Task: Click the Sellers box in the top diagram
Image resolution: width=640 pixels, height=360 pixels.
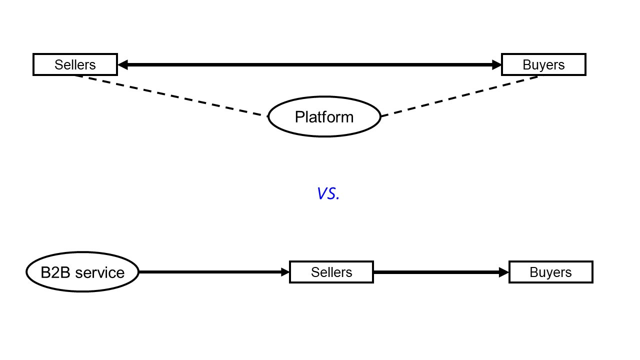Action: tap(75, 64)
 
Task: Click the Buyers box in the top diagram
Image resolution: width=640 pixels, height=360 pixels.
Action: tap(543, 64)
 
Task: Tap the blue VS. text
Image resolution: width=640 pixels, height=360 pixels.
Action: tap(328, 193)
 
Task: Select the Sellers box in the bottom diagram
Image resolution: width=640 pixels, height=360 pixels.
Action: tap(331, 272)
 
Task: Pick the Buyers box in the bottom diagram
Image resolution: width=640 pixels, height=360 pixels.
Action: tap(550, 272)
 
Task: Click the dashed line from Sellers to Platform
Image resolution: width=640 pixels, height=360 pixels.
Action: tap(170, 95)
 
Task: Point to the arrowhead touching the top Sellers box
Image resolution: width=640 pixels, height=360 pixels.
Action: tap(122, 64)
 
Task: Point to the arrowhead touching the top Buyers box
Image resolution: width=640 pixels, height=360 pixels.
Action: tap(496, 64)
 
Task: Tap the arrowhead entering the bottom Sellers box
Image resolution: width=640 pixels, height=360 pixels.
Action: tap(285, 272)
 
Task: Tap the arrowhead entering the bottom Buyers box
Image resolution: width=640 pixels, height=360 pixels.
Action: tap(504, 272)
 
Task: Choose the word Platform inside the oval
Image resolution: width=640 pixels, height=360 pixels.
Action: tap(324, 117)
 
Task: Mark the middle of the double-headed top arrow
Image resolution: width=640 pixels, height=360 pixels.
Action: tap(309, 64)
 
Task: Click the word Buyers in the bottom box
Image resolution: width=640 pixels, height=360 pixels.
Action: tap(550, 272)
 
